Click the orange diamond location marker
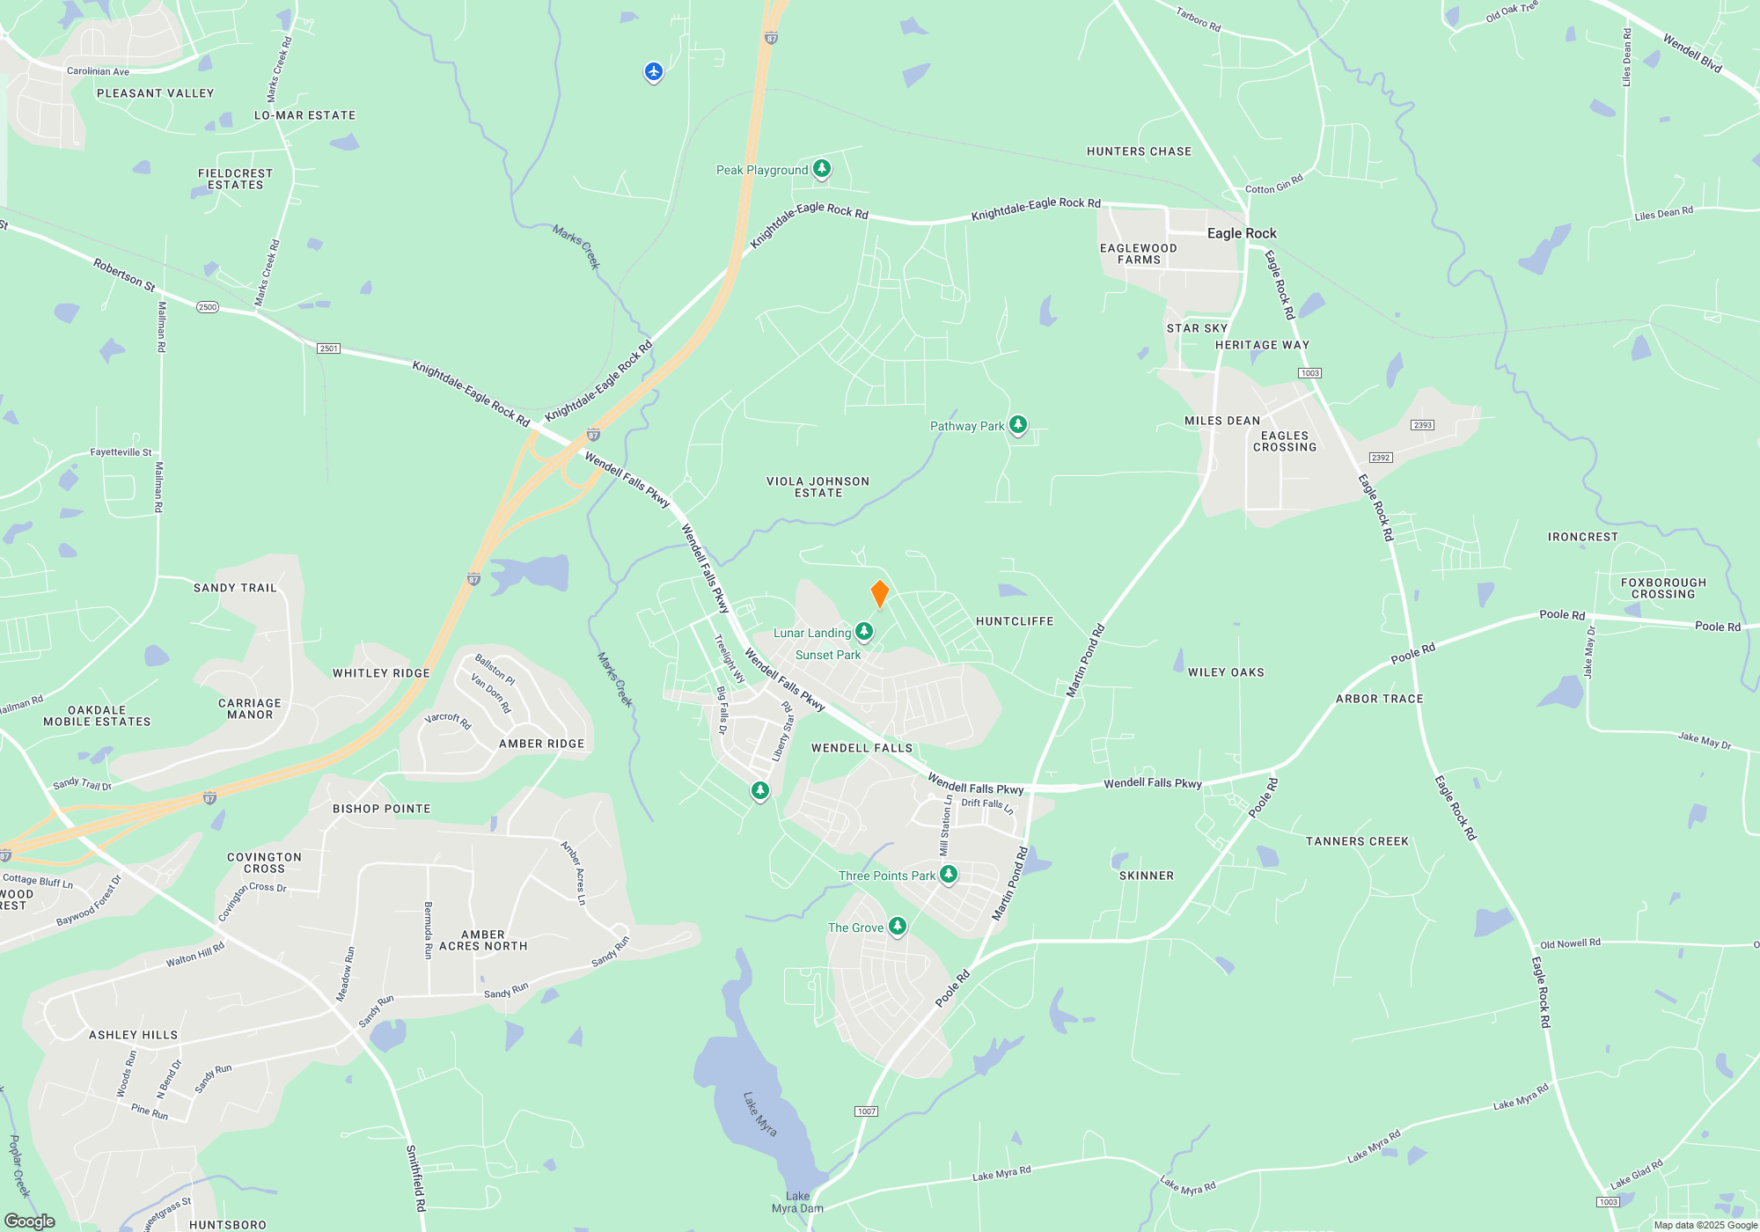[x=879, y=594]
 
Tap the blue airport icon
[x=653, y=71]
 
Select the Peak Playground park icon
[x=821, y=168]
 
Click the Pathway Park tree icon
[x=1018, y=425]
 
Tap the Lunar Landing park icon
[x=864, y=631]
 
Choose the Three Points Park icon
[x=948, y=874]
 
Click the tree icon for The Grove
[x=897, y=926]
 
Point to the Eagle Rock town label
[x=1241, y=233]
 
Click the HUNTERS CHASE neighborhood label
[x=1139, y=151]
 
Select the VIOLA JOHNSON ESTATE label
[x=818, y=487]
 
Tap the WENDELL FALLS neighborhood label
[x=862, y=748]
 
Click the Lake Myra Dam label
[x=797, y=1202]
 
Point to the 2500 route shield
[x=208, y=307]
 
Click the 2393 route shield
[x=1423, y=425]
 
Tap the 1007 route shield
[x=867, y=1111]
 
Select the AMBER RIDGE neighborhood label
[x=541, y=744]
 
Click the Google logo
[x=30, y=1221]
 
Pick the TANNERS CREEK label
[x=1357, y=841]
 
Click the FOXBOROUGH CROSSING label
[x=1663, y=588]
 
